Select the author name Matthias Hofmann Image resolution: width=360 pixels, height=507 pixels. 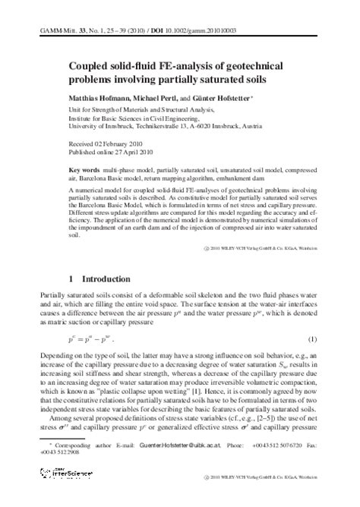[x=96, y=100]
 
